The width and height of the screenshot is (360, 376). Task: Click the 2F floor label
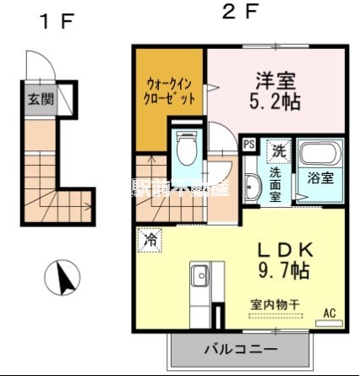pos(241,14)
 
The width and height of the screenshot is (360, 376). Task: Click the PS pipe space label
pos(249,144)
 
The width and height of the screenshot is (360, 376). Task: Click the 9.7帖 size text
pos(273,273)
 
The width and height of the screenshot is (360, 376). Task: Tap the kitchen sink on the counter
pos(200,276)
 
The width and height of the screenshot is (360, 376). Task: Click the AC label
pos(329,313)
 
